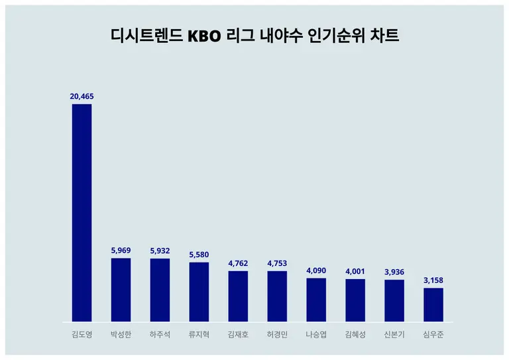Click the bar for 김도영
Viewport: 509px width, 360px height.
click(x=82, y=212)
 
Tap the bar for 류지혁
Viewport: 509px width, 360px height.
click(x=199, y=292)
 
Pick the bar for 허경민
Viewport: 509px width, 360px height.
click(x=277, y=296)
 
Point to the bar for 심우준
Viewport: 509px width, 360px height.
click(x=433, y=304)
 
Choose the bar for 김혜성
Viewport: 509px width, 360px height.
click(x=355, y=300)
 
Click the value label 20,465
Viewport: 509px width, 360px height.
click(x=82, y=96)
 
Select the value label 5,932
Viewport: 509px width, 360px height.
click(x=160, y=251)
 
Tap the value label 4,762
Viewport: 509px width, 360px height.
click(x=238, y=263)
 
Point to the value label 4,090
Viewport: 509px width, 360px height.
click(x=316, y=270)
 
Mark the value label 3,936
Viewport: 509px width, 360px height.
click(x=394, y=272)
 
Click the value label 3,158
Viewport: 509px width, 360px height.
click(x=433, y=280)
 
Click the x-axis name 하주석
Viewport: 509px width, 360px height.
click(x=160, y=334)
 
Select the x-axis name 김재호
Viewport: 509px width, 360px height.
click(x=238, y=334)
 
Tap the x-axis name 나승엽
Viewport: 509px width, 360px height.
click(x=316, y=334)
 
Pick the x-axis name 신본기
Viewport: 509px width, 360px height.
click(x=394, y=334)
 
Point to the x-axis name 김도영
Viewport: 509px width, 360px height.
click(x=82, y=334)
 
